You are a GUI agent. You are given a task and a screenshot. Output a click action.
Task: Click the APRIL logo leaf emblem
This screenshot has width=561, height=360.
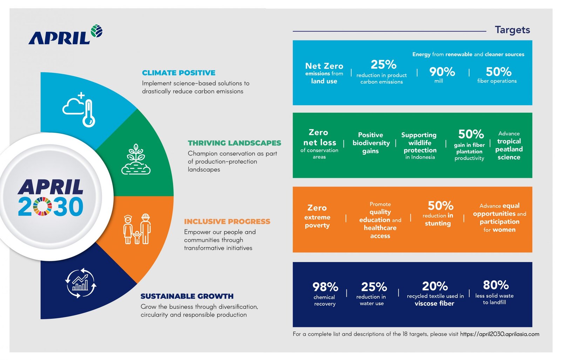tap(96, 31)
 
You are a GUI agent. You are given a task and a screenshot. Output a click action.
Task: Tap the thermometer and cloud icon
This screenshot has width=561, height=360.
tap(80, 109)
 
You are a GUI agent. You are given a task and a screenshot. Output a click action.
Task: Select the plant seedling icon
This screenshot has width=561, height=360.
tap(136, 159)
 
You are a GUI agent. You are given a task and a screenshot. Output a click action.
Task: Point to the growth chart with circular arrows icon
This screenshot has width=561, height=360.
tap(81, 283)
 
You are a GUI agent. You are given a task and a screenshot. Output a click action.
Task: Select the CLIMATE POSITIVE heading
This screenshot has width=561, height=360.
tap(178, 73)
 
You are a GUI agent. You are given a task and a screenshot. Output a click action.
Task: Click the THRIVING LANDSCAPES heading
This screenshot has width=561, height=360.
tap(234, 143)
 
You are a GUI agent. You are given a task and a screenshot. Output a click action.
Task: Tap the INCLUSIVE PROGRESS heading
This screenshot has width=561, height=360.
tap(227, 222)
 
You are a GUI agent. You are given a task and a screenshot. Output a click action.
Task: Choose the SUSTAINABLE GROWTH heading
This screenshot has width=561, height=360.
tap(187, 296)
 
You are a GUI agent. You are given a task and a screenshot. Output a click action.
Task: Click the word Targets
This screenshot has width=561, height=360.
tap(512, 30)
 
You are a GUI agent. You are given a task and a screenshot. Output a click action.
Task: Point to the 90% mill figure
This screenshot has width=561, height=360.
tap(442, 72)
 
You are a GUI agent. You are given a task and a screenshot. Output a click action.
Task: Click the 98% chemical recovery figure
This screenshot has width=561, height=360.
tap(325, 287)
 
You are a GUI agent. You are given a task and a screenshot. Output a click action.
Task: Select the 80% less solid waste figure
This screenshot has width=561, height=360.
tap(495, 285)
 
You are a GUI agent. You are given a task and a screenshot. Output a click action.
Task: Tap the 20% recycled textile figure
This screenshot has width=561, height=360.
tap(435, 286)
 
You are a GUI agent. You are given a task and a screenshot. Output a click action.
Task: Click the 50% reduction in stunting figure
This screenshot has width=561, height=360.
tap(440, 206)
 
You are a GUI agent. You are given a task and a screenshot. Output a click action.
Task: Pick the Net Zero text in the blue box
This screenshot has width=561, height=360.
tap(324, 66)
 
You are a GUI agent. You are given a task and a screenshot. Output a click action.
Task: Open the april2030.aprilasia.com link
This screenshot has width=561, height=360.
tap(499, 334)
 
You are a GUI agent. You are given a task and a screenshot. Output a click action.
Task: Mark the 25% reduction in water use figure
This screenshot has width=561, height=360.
tap(374, 287)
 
